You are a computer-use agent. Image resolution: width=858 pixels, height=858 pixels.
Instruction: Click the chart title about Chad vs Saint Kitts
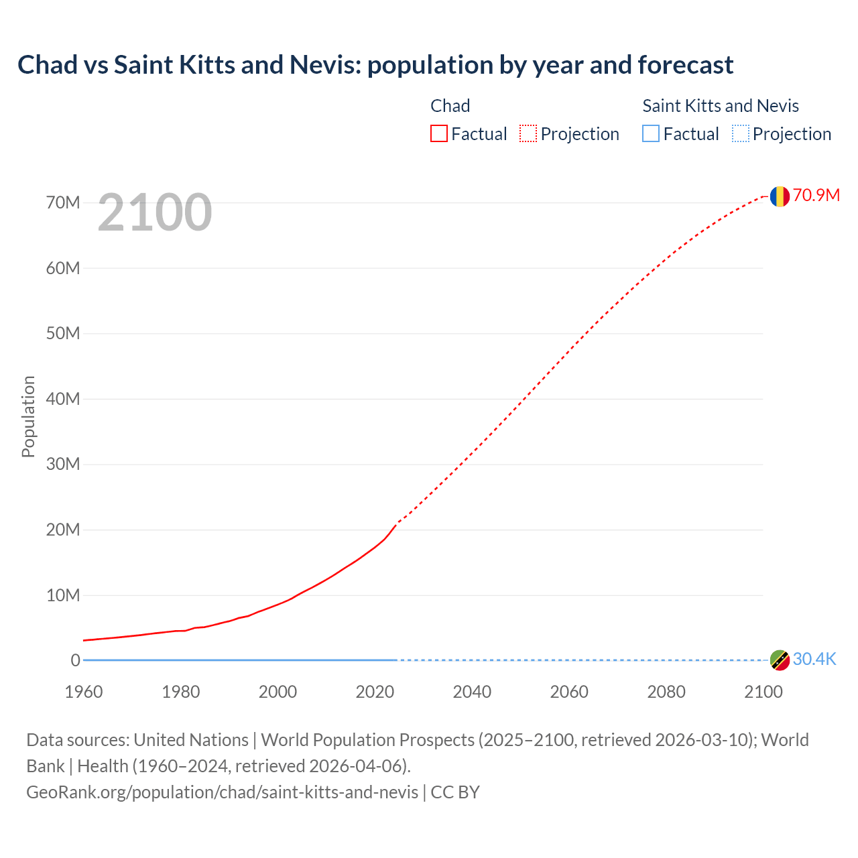(375, 65)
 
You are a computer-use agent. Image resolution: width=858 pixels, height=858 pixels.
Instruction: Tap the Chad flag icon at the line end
(779, 196)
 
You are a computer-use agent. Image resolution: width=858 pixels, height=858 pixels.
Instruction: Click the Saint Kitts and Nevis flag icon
(779, 660)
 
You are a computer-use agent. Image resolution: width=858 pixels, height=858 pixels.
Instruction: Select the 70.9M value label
(816, 195)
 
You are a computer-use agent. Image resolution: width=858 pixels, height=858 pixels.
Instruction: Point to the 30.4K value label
(814, 660)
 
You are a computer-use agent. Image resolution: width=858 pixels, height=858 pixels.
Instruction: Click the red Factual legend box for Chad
(439, 134)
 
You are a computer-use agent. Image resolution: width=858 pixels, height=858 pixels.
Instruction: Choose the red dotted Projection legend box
(528, 134)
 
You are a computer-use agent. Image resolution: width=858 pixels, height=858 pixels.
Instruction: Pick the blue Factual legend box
(651, 134)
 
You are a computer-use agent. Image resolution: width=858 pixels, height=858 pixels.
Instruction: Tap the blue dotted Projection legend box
(741, 134)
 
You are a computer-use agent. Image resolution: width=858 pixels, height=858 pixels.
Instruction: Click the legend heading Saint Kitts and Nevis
(721, 106)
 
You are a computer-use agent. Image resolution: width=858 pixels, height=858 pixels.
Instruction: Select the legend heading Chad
(450, 106)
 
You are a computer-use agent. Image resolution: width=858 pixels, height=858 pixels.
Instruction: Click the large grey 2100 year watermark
(155, 212)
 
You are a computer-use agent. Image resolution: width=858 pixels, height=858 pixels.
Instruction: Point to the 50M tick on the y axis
(63, 334)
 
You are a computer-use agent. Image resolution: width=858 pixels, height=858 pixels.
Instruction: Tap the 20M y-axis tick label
(63, 530)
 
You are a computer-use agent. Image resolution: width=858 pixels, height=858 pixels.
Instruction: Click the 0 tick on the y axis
(75, 661)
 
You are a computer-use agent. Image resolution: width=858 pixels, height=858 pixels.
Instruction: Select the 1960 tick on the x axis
(84, 692)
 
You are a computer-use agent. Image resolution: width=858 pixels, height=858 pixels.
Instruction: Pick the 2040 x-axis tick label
(472, 692)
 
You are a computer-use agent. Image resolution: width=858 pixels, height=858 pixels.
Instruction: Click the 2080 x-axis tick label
(666, 692)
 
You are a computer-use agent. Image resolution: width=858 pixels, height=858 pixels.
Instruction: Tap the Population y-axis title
(28, 416)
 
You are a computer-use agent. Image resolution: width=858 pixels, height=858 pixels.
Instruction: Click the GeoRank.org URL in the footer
(222, 792)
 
